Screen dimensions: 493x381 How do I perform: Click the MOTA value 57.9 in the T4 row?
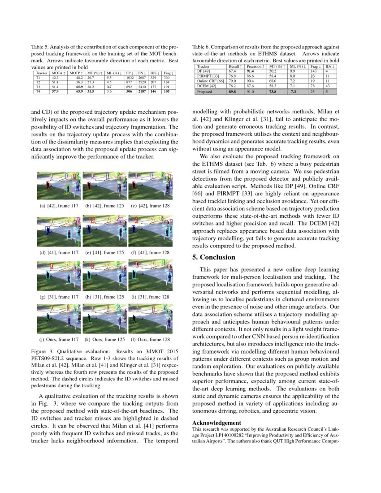pos(56,91)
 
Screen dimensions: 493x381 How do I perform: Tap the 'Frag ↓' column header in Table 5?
pos(169,73)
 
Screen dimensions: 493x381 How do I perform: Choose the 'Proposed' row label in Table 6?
pos(204,91)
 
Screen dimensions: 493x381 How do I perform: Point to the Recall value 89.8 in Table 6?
pos(233,91)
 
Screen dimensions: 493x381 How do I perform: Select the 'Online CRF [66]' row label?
pos(210,81)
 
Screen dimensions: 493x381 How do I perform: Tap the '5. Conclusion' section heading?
pos(213,257)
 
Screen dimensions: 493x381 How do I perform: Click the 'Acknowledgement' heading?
pos(216,423)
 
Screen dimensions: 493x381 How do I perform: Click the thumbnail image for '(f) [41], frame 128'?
pos(150,232)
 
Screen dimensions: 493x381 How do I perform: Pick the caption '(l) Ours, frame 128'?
pos(150,339)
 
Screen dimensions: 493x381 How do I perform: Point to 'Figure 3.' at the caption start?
pos(43,352)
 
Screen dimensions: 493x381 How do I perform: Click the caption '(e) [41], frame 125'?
pos(104,252)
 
